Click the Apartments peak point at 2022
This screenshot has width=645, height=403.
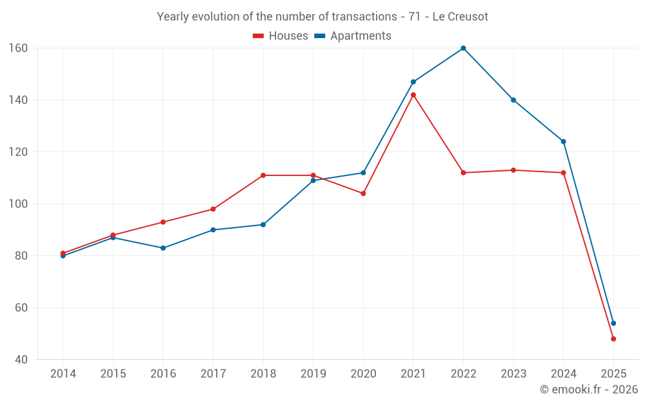463,48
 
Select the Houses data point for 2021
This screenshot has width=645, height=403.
413,95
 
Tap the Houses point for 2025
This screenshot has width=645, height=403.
613,339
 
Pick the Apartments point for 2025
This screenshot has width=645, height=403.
613,323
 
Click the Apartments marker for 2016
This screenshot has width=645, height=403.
163,248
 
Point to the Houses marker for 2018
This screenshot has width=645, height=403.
263,175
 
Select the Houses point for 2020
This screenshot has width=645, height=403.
363,193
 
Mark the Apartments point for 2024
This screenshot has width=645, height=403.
563,141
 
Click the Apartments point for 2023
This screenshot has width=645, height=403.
513,100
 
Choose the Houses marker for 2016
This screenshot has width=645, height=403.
163,222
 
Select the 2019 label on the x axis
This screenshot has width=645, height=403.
313,374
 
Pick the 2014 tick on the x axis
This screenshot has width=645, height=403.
63,374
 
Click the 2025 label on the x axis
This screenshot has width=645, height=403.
613,374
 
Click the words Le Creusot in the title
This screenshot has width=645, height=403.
460,17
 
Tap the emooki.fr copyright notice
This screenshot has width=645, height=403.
589,389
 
